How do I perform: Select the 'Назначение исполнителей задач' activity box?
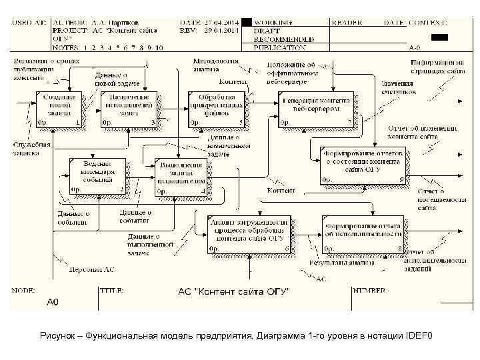pos(129,109)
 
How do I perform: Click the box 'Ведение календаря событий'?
pos(97,176)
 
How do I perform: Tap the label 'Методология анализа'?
pos(215,64)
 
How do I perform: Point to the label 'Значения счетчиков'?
pos(398,87)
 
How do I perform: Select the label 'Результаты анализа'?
pos(333,264)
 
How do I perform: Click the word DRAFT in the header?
pos(266,31)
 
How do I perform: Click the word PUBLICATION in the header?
pos(281,47)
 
